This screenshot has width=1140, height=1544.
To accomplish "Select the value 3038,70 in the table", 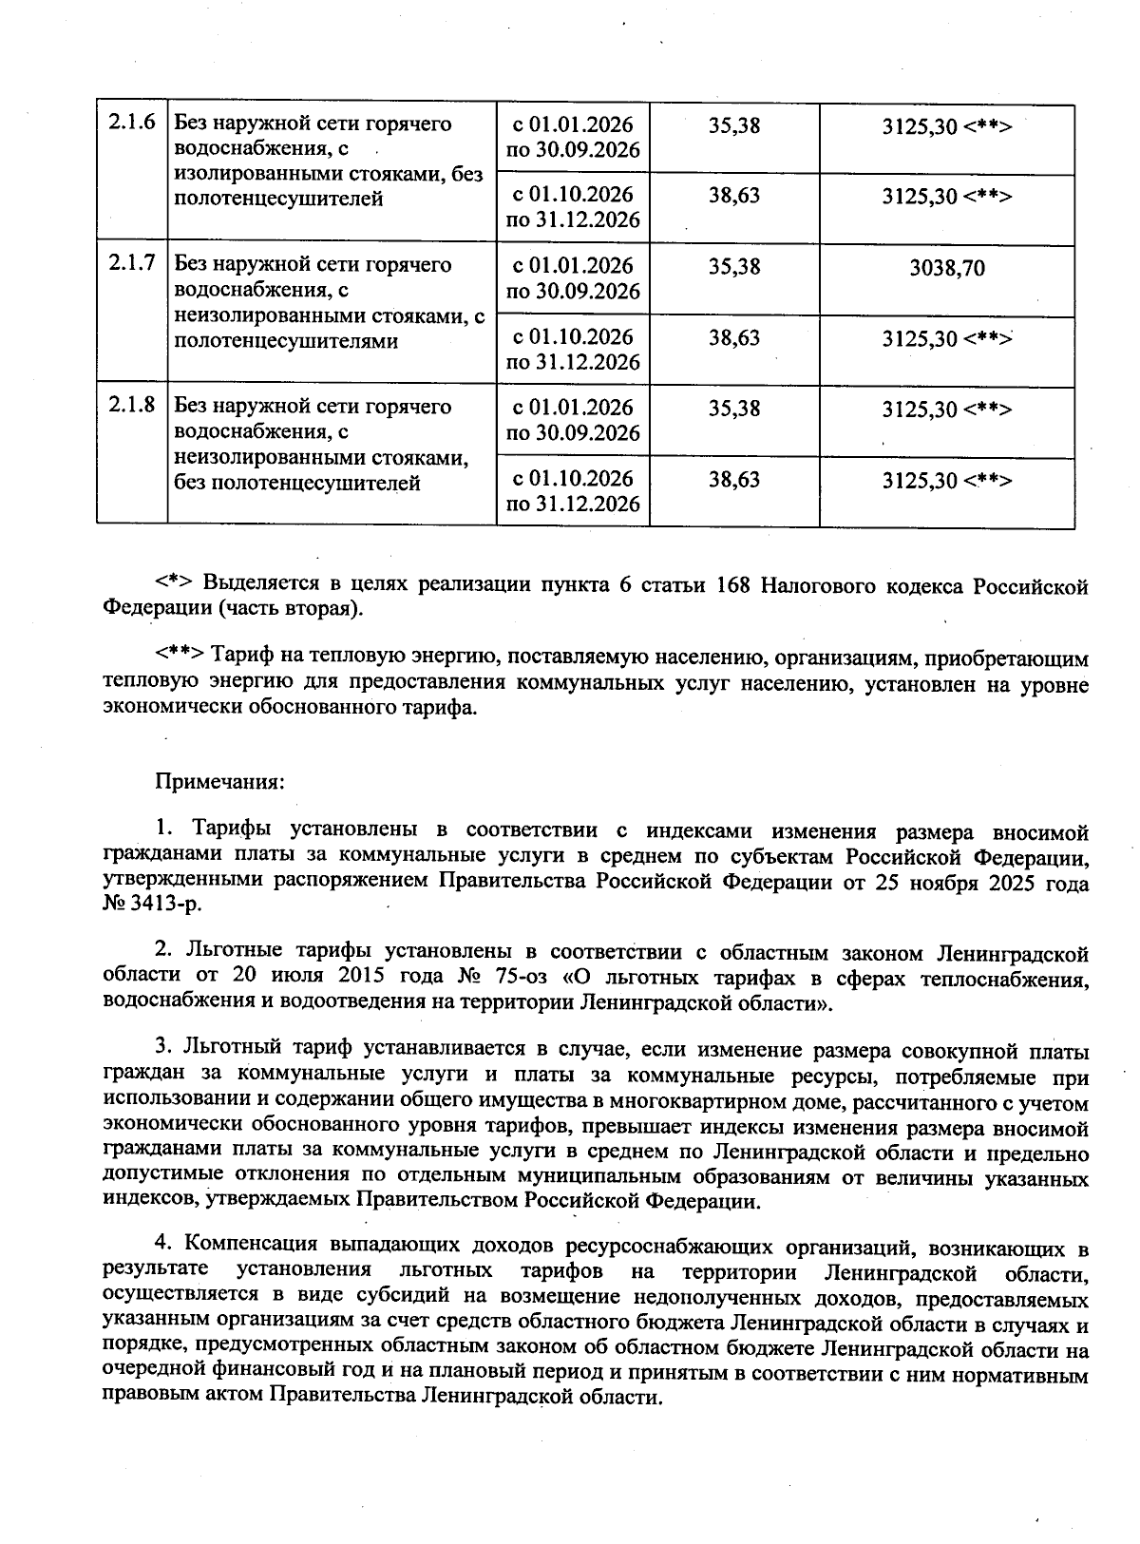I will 946,269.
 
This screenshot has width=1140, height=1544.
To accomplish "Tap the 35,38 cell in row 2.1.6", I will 734,125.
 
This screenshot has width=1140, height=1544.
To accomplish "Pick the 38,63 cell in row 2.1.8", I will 734,480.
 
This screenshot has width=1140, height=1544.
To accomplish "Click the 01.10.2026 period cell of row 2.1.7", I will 573,350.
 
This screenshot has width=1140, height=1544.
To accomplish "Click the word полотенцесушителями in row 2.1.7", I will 284,341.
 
